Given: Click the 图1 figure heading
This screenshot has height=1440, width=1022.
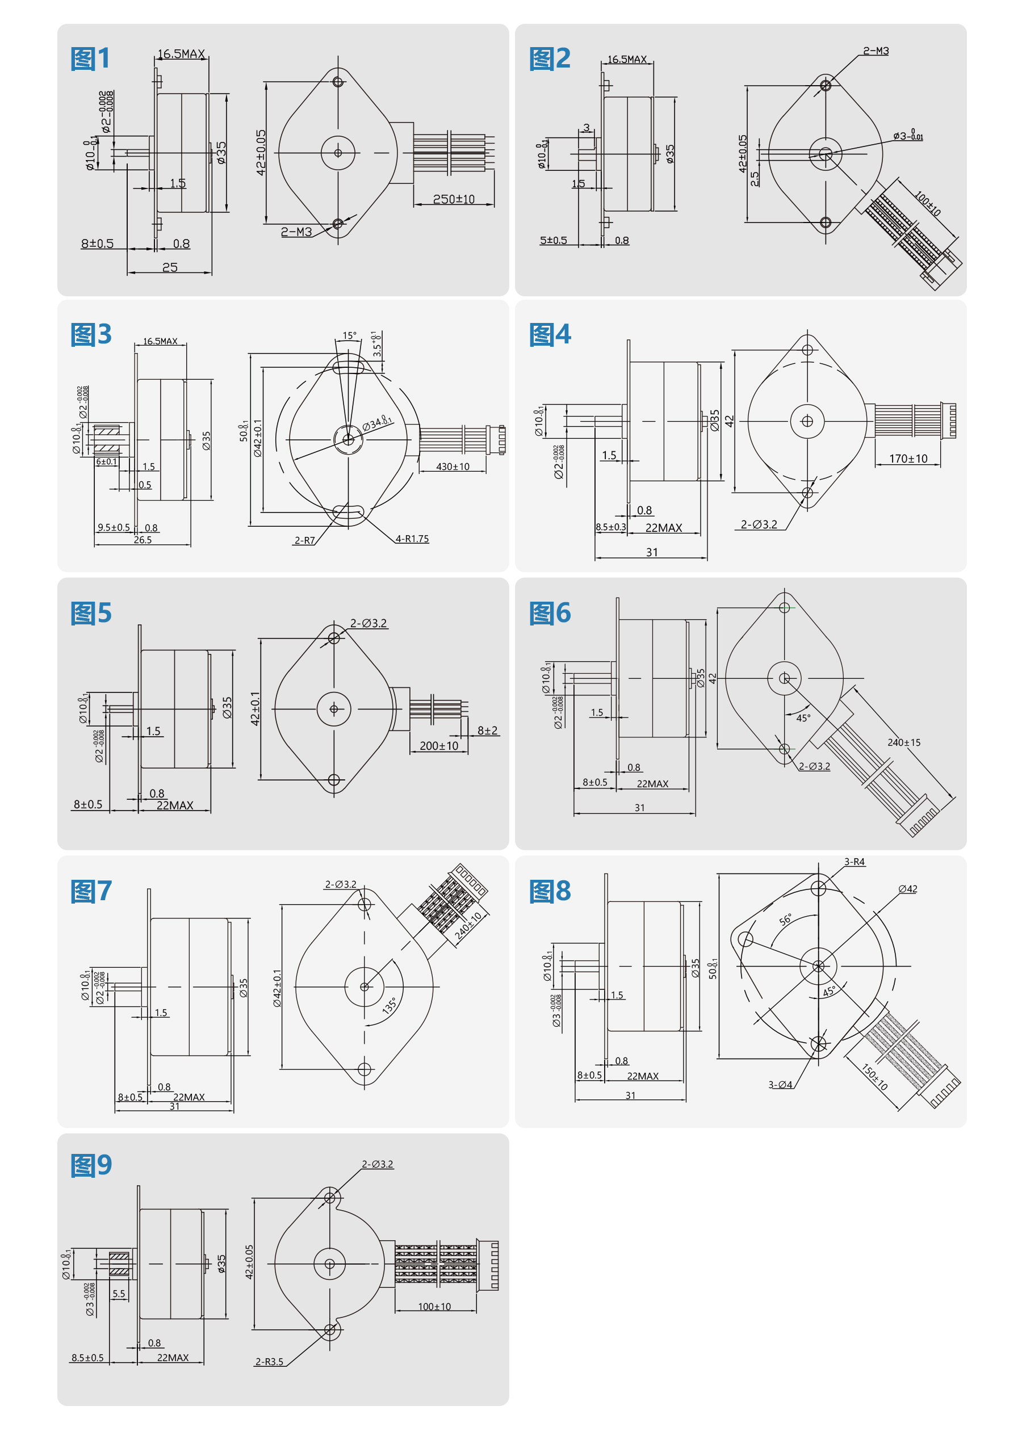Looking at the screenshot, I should coord(91,58).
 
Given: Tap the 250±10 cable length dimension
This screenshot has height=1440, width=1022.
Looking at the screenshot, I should coord(453,199).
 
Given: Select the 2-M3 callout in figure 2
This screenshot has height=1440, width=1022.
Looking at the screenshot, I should coord(876,51).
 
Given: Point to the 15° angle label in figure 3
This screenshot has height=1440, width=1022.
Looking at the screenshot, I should coord(349,336).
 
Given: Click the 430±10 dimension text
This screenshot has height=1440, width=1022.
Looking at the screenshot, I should coord(453,467).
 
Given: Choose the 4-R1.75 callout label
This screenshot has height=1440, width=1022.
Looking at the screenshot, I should coord(412,539).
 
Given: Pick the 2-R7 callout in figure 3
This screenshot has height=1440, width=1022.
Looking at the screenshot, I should coord(304,540).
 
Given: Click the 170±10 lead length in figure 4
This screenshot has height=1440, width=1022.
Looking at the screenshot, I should coord(907,459).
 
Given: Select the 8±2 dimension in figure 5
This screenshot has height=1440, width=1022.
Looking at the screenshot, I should coord(487,731).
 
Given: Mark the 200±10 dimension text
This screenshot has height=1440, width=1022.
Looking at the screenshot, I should coord(439,746).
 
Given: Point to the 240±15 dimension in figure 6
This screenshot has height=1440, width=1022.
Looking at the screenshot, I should coord(904,743).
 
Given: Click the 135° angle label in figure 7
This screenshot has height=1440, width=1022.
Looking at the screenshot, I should coord(389,1005).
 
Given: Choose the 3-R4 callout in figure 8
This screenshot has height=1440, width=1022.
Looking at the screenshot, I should coord(854,862).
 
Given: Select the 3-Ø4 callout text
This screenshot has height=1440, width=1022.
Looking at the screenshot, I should coord(780,1085).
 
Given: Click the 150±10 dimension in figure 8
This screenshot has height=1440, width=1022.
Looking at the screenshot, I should coord(874,1077).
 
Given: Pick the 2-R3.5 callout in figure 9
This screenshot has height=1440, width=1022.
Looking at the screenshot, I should coord(269,1362).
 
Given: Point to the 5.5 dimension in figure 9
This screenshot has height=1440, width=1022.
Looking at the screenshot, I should coord(118,1294).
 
